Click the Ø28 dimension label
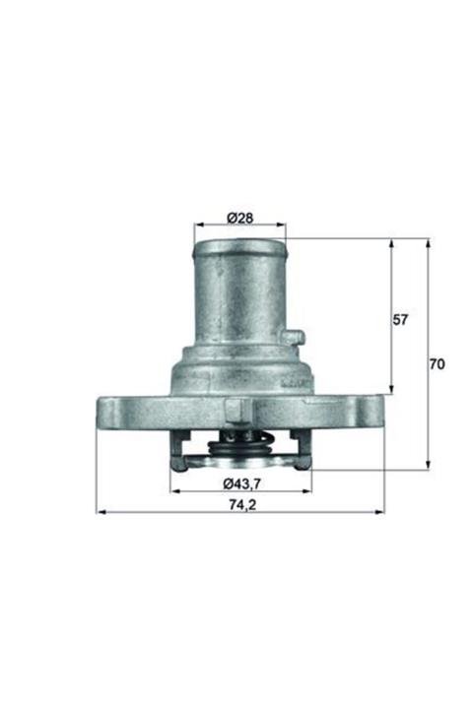pos(239,218)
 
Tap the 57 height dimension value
pos(400,320)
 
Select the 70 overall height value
pos(437,363)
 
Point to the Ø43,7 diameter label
pos(241,483)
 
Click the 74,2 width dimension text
pos(242,504)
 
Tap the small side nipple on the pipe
pos(293,337)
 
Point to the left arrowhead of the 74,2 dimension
pos(101,512)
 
